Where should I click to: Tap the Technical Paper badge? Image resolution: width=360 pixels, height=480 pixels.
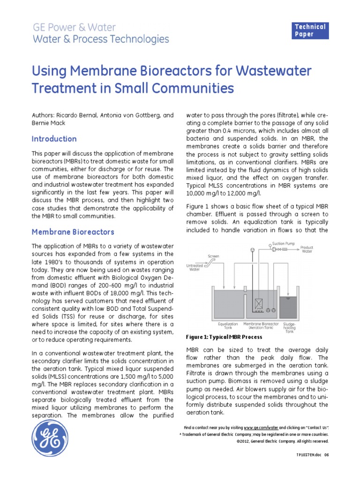[310, 30]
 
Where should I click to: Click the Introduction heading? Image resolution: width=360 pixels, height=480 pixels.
[54, 139]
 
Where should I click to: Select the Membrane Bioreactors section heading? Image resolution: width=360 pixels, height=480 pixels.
[73, 232]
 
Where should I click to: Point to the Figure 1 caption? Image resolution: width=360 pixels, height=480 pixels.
[224, 337]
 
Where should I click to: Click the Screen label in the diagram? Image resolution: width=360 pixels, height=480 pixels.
[214, 256]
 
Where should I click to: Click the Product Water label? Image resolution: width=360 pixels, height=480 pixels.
[307, 249]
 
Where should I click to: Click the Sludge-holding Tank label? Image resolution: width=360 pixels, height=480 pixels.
[289, 327]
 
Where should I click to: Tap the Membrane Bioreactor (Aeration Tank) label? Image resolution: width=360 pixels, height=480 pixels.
[261, 325]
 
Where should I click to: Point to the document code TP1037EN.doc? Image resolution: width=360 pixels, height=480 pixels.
[309, 455]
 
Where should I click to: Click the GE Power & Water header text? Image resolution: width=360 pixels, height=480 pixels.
[74, 27]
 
